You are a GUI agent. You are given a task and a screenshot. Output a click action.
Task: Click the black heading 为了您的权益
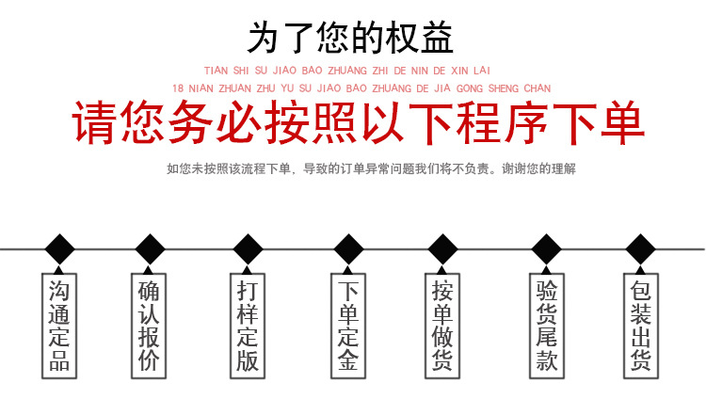[x=350, y=39]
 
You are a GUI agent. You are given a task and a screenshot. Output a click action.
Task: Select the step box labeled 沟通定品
[x=59, y=324]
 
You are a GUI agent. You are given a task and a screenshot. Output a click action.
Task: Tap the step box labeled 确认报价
[x=149, y=324]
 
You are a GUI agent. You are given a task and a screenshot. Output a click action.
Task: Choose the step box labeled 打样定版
[x=248, y=324]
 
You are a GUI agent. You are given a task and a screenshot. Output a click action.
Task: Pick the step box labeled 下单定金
[x=347, y=324]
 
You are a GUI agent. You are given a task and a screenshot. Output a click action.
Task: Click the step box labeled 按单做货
[x=442, y=324]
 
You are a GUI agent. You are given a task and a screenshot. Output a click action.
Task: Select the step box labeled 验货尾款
[x=546, y=324]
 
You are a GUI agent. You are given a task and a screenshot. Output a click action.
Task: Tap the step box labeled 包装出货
[x=641, y=324]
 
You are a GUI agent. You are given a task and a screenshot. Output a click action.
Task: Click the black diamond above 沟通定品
[x=59, y=249]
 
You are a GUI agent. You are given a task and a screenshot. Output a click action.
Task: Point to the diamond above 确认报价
[x=149, y=249]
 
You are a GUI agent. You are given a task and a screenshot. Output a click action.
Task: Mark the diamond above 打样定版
[x=248, y=249]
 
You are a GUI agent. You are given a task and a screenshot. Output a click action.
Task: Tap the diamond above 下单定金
[x=348, y=249]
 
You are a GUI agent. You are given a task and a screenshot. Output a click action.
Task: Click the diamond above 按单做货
[x=442, y=249]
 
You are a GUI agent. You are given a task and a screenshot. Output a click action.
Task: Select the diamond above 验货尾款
[x=546, y=249]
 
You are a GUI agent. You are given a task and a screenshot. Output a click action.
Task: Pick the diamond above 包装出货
[x=641, y=249]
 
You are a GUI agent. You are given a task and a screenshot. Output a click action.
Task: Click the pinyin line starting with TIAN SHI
[x=347, y=71]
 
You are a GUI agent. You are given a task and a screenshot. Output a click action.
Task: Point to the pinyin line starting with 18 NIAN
[x=361, y=88]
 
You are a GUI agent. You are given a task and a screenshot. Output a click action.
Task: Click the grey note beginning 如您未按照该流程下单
[x=370, y=169]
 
